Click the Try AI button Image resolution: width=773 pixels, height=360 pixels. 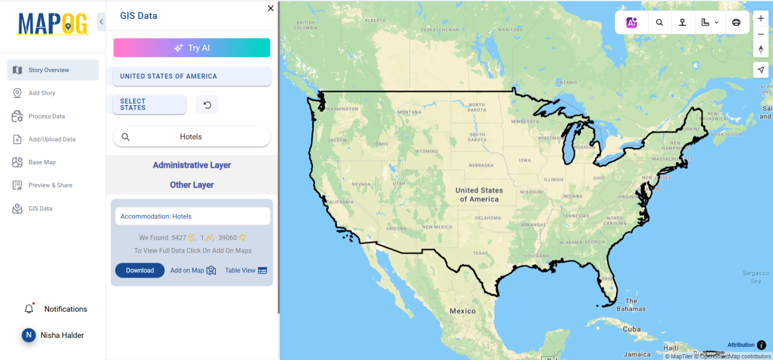tap(191, 48)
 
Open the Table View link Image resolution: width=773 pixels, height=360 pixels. tap(245, 270)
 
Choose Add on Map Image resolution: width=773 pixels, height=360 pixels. tap(193, 270)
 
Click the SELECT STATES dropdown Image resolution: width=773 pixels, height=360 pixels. tap(149, 104)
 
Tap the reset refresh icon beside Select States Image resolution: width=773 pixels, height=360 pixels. tap(207, 105)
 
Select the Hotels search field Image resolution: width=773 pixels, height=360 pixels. tap(191, 137)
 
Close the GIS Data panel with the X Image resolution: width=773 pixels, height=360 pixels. tap(271, 8)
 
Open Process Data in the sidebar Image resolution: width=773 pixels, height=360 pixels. tap(46, 117)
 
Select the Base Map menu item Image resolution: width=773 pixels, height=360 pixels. tap(42, 162)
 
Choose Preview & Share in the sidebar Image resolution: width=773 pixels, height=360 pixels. tap(50, 185)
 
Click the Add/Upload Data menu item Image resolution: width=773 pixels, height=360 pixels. tap(52, 139)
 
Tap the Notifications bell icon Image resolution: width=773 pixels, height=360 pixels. tap(29, 309)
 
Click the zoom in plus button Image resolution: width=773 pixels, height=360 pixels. tap(761, 19)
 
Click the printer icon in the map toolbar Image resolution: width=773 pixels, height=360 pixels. tap(736, 23)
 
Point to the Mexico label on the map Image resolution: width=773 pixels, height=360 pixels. tap(463, 311)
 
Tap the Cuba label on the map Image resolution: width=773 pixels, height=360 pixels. tap(631, 329)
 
